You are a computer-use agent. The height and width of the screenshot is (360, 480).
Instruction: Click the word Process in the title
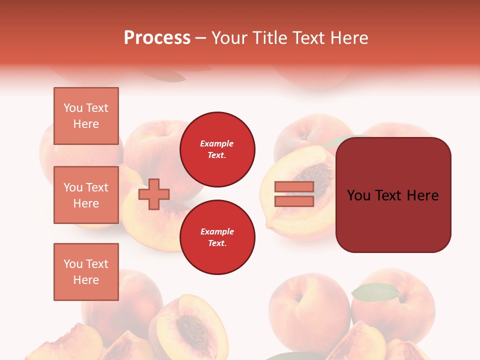[x=157, y=38]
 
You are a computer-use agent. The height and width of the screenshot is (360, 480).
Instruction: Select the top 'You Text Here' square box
[x=86, y=116]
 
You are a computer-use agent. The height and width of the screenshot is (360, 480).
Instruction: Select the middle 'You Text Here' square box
[x=86, y=195]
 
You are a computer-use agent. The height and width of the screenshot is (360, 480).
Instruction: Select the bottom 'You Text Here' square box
[x=86, y=272]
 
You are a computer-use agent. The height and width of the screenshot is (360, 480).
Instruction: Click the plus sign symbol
[x=154, y=194]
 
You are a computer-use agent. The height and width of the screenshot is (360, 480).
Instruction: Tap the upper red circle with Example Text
[x=217, y=149]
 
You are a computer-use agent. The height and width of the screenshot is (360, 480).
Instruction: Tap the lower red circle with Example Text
[x=217, y=237]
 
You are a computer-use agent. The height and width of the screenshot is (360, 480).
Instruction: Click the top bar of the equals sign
[x=294, y=187]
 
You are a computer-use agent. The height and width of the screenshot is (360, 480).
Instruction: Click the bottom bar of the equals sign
[x=294, y=201]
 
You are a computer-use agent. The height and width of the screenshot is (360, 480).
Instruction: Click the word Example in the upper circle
[x=217, y=144]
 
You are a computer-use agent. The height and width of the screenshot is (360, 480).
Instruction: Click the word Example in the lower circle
[x=217, y=232]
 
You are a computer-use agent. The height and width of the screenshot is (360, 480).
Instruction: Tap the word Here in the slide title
[x=349, y=38]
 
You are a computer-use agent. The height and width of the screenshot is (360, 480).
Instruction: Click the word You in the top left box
[x=73, y=108]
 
